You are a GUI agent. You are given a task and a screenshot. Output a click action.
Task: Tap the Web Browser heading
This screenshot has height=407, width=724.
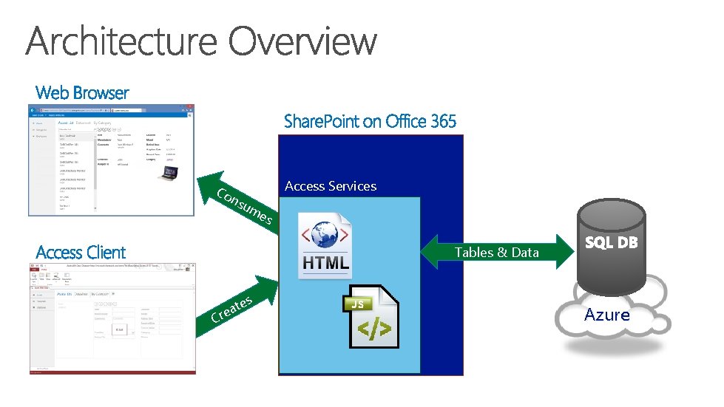[x=82, y=93]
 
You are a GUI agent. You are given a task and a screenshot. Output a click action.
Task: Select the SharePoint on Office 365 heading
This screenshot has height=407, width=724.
[x=370, y=121]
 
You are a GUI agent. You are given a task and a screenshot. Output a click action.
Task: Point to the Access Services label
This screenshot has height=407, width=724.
[x=331, y=186]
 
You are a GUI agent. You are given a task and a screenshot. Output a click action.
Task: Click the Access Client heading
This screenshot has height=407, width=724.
[x=81, y=253]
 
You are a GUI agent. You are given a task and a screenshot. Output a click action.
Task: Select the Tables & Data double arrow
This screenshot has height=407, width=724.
[x=497, y=253]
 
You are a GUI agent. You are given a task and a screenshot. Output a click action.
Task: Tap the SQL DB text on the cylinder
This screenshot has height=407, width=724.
[x=611, y=242]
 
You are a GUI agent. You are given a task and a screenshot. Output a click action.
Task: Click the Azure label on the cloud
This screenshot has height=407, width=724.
[x=607, y=315]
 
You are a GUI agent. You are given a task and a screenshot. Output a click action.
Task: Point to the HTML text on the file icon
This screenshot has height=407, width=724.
[x=325, y=263]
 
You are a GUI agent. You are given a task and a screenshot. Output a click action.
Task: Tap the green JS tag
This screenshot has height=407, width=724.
[x=358, y=304]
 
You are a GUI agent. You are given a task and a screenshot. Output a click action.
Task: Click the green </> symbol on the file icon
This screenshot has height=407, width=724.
[x=375, y=330]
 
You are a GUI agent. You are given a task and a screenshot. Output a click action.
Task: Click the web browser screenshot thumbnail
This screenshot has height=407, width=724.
[x=111, y=160]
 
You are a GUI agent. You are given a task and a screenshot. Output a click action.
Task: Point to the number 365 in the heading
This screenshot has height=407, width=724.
[x=443, y=121]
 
